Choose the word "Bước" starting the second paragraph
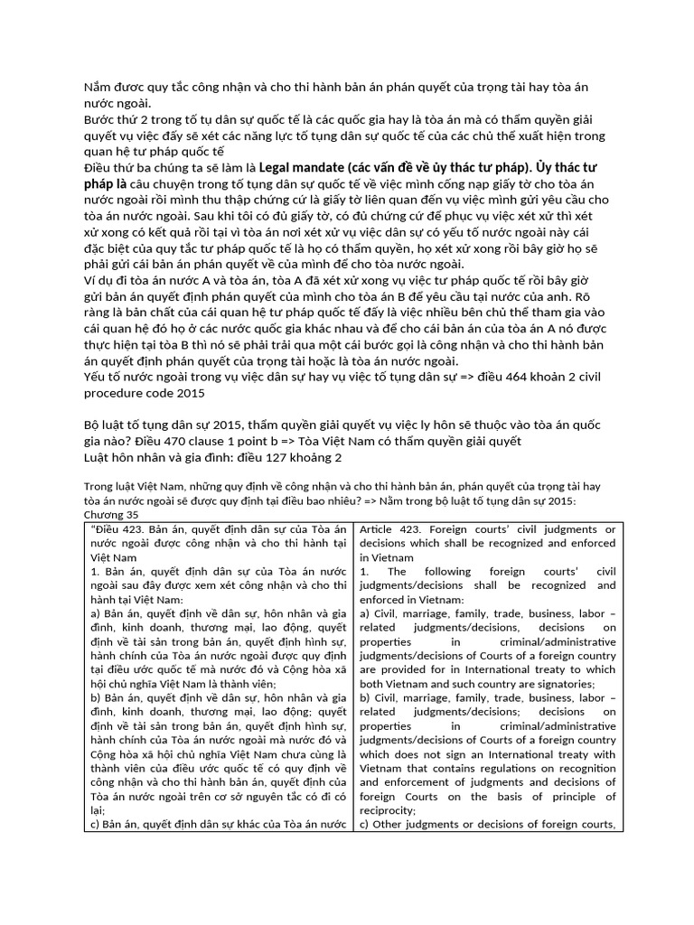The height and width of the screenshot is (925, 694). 101,119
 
